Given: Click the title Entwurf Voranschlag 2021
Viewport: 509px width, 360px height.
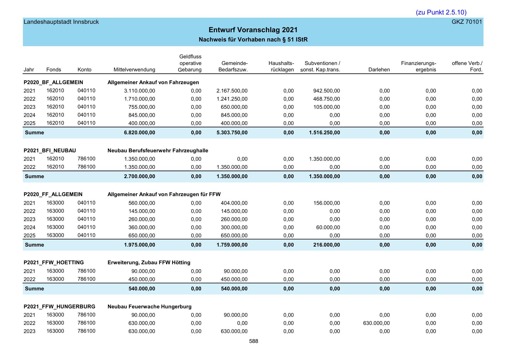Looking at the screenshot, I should point(253,30).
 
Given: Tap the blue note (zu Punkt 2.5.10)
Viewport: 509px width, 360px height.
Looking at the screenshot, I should point(441,12).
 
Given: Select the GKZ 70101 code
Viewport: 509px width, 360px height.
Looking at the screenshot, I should point(467,22).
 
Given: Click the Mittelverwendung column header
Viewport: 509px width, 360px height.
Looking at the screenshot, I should point(134,70).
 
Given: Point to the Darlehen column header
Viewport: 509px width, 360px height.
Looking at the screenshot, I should point(379,70).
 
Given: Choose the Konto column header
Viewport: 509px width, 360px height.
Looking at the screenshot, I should point(84,70).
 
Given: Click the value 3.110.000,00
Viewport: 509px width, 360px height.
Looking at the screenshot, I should point(140,91).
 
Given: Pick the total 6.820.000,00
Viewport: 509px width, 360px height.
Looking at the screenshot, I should point(140,133).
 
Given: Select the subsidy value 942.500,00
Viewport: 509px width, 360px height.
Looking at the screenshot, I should point(326,91).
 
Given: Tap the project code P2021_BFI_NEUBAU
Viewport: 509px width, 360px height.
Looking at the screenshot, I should point(50,151).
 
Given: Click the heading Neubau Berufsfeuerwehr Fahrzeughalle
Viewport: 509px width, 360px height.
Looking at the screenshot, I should point(158,151).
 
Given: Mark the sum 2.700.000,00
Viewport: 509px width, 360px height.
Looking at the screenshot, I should point(140,176).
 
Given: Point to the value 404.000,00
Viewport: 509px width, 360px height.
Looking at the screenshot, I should point(234,203).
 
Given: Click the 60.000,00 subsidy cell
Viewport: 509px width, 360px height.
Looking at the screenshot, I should point(328,227).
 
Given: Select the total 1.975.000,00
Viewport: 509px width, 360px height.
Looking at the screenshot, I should point(140,245).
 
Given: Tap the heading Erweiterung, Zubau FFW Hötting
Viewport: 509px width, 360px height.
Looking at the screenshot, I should point(149,263).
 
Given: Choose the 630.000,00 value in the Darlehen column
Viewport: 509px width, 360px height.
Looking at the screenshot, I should point(376,323).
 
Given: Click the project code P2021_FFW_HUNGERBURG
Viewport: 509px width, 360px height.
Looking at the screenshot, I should point(59,307).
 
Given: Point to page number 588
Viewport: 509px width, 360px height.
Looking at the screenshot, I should point(254,341).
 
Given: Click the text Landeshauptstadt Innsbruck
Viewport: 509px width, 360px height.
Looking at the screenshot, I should point(61,22).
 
